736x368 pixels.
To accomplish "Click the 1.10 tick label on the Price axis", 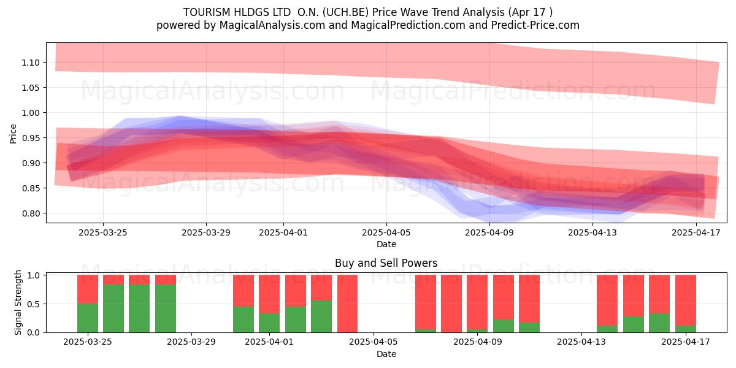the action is pos(31,63).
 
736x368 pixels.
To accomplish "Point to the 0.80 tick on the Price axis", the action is pos(31,213).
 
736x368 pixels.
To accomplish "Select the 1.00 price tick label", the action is pos(31,113).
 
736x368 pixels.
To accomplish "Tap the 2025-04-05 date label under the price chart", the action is pos(386,232).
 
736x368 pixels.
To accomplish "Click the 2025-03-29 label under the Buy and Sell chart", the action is pos(191,342).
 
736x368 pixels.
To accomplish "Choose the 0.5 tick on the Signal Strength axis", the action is pos(33,304).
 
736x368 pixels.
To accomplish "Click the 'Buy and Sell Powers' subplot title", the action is pos(386,263).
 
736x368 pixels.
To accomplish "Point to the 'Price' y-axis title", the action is pos(13,134).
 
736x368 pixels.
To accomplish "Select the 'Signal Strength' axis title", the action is pos(18,302).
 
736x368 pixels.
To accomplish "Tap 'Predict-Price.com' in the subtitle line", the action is pos(535,25).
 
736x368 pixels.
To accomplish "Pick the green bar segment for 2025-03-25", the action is pos(88,318).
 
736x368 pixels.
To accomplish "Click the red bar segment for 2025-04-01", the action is pos(269,294).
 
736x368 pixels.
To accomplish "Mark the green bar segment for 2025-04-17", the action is pos(686,329).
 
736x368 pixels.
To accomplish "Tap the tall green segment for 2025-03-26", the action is pos(113,309).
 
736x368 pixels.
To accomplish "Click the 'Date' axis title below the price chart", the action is pos(386,244).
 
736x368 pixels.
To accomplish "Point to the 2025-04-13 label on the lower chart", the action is pos(581,342).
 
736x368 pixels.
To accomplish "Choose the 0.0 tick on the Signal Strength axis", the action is pos(33,332).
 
